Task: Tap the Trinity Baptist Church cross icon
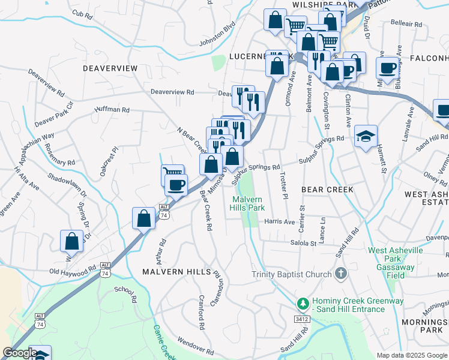point(341,275)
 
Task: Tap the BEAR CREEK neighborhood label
point(327,189)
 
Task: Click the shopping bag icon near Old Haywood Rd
point(72,241)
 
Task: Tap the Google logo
point(20,353)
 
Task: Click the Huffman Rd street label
point(112,110)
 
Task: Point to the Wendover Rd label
point(194,347)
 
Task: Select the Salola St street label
point(303,244)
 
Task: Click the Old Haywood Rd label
point(73,271)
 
